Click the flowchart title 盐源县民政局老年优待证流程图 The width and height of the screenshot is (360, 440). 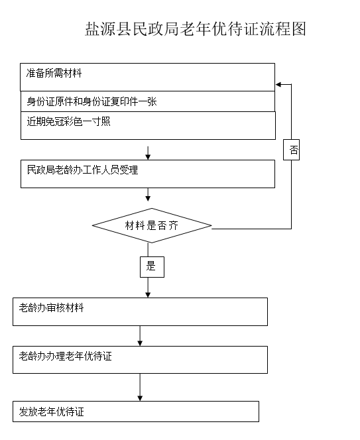[x=196, y=29]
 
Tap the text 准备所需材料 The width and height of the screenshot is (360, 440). [x=54, y=74]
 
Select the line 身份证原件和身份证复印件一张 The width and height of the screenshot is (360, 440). [x=91, y=101]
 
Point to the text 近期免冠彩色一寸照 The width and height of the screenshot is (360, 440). [x=68, y=121]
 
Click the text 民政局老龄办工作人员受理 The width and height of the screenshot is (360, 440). [x=82, y=170]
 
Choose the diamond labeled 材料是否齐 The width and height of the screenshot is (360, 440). [x=152, y=225]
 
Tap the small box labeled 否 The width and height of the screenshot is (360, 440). [x=291, y=150]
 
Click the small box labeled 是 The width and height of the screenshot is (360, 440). [x=152, y=267]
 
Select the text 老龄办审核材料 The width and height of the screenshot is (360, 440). [x=52, y=308]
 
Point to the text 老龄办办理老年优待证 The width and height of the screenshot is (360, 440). [x=65, y=356]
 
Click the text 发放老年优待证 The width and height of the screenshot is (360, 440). [x=52, y=412]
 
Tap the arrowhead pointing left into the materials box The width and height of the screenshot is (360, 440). [x=278, y=84]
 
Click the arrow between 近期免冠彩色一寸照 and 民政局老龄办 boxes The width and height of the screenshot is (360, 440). [x=148, y=153]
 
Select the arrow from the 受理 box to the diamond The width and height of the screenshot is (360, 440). [x=148, y=194]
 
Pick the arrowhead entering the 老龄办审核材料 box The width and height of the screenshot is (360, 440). [x=148, y=295]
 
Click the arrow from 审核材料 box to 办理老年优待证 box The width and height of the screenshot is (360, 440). [x=140, y=336]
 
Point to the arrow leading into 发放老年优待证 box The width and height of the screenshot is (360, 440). [x=140, y=387]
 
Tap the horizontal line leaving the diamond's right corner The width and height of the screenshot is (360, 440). [x=251, y=229]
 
